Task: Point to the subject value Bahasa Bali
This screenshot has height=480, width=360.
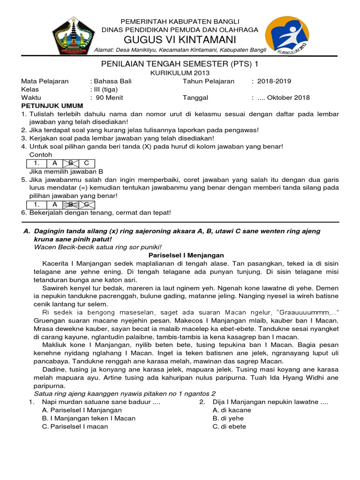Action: [112, 81]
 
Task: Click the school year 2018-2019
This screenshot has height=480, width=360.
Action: [274, 81]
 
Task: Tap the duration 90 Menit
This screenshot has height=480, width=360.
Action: [109, 98]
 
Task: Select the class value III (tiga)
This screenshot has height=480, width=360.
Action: [106, 90]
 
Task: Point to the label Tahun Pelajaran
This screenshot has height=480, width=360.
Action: [208, 81]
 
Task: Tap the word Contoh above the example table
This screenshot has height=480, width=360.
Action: [41, 155]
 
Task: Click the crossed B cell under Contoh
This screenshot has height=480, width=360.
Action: [71, 163]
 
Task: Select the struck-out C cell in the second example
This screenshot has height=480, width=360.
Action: [86, 204]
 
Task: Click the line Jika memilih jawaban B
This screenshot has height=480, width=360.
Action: [66, 172]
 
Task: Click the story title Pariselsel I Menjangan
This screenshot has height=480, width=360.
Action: [180, 255]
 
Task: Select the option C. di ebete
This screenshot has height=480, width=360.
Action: [229, 427]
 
